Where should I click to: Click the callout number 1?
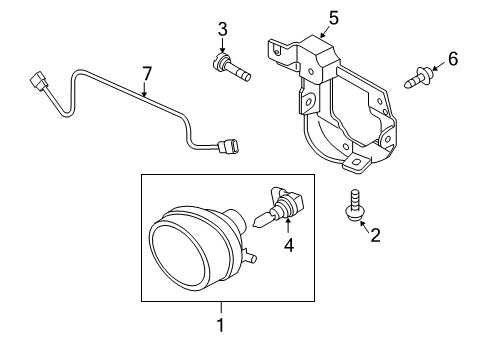pyautogui.click(x=221, y=325)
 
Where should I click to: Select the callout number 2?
pyautogui.click(x=375, y=235)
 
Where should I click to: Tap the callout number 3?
pyautogui.click(x=223, y=29)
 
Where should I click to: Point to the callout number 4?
pyautogui.click(x=289, y=245)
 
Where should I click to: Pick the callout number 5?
pyautogui.click(x=333, y=18)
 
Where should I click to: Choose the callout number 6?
pyautogui.click(x=453, y=59)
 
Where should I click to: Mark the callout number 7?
pyautogui.click(x=147, y=74)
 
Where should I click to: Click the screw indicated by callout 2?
pyautogui.click(x=354, y=205)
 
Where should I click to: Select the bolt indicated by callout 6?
pyautogui.click(x=419, y=77)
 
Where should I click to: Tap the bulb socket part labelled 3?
pyautogui.click(x=231, y=68)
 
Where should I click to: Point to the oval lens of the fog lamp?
pyautogui.click(x=180, y=254)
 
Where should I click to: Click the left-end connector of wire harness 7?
pyautogui.click(x=38, y=81)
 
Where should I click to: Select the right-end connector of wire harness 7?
pyautogui.click(x=228, y=147)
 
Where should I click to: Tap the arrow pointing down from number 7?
pyautogui.click(x=144, y=89)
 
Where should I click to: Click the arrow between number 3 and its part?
pyautogui.click(x=222, y=44)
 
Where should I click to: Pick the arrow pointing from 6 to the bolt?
pyautogui.click(x=439, y=66)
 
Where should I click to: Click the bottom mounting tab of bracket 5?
pyautogui.click(x=356, y=163)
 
